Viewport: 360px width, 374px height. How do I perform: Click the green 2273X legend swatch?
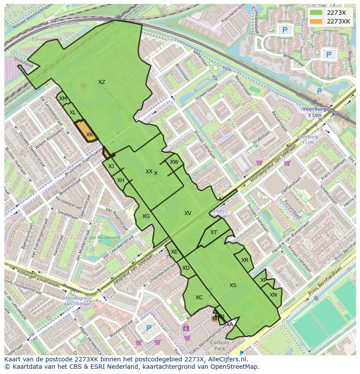(x=317, y=13)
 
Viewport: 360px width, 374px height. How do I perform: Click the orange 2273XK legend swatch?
(x=317, y=21)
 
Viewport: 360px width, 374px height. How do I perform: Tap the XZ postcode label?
(x=101, y=82)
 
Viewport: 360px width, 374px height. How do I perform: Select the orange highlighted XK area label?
(x=89, y=135)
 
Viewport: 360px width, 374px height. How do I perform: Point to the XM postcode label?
(x=63, y=99)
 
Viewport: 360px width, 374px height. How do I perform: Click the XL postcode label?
(x=73, y=113)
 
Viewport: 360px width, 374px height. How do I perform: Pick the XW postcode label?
(x=174, y=162)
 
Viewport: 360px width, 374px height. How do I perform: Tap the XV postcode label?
(x=188, y=213)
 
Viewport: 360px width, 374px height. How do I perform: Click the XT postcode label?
(x=213, y=232)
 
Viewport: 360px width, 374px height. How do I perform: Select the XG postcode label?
(x=146, y=216)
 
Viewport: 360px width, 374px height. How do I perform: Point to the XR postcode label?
(x=245, y=260)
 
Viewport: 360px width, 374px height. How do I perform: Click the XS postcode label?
(x=233, y=285)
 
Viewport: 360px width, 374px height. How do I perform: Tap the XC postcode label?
(x=199, y=298)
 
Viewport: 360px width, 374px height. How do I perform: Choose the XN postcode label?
(x=273, y=295)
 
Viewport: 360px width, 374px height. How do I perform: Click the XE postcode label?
(x=174, y=252)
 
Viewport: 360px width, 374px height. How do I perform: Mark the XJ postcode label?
(x=111, y=166)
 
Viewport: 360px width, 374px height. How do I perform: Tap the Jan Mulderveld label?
(x=104, y=238)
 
